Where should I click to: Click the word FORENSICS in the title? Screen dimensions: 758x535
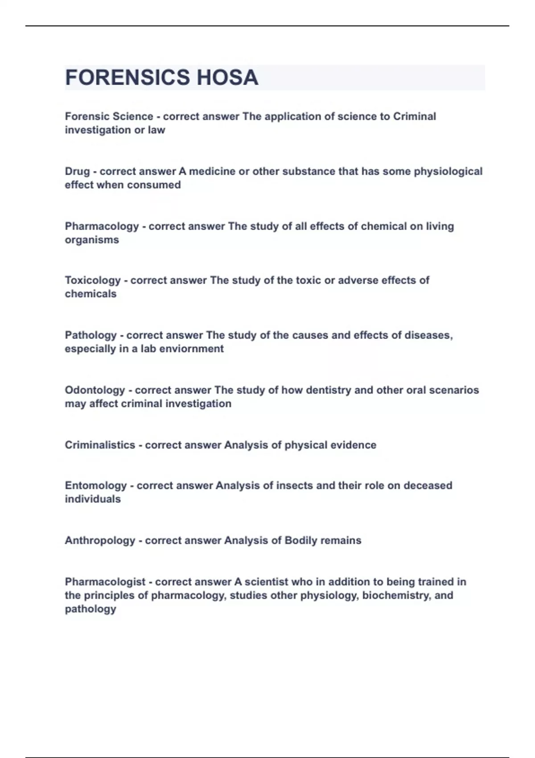pos(128,78)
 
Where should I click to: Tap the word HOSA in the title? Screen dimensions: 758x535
pos(227,78)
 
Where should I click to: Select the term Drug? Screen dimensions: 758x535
pos(77,171)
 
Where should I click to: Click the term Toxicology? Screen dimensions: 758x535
pos(93,280)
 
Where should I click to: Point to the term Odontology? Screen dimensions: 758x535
pos(95,390)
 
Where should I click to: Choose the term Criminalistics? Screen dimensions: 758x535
pos(100,445)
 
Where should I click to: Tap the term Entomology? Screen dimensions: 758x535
pos(96,486)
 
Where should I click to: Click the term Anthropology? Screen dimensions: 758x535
pos(100,540)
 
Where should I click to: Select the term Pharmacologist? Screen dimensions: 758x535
pos(105,582)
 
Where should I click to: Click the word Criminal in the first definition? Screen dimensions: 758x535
pos(414,116)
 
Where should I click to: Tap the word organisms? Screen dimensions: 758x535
pos(92,240)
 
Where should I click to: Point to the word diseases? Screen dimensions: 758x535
pos(428,335)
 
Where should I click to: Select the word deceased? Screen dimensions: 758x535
pos(428,486)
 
